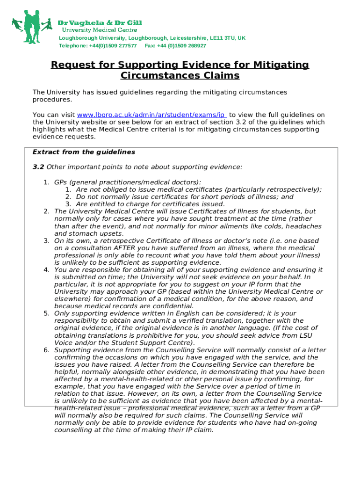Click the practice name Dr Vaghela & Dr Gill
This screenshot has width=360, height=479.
click(x=100, y=22)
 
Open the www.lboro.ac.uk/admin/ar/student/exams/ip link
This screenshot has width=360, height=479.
click(x=152, y=115)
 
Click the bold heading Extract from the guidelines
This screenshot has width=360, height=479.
click(x=84, y=152)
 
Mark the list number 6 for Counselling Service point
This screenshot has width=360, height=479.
click(x=46, y=350)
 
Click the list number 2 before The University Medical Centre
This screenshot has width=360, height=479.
click(x=46, y=211)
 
